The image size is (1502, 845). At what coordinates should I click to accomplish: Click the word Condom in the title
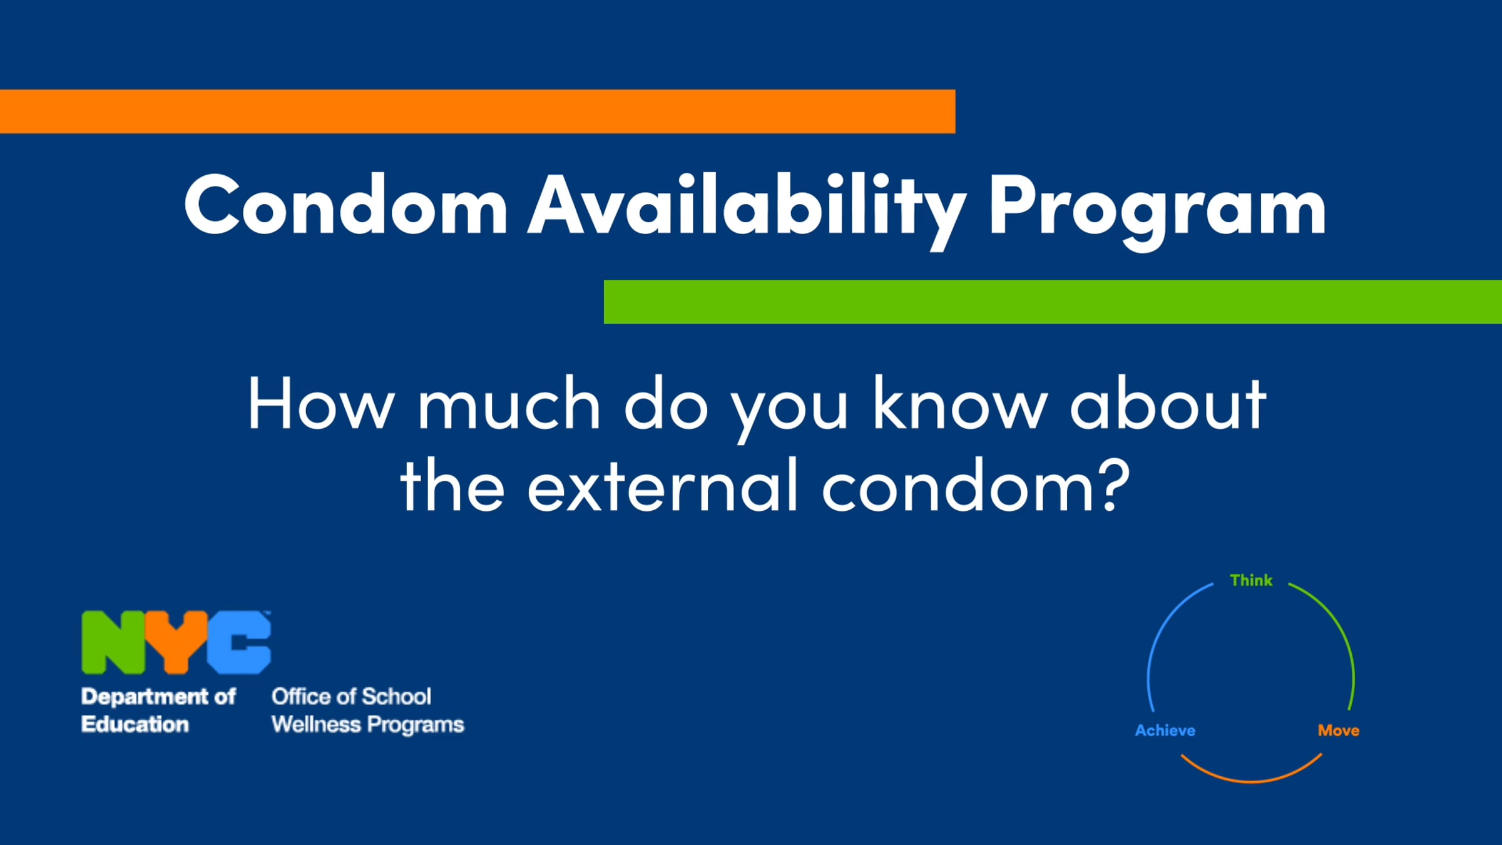click(346, 205)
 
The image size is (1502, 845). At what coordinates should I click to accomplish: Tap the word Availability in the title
click(748, 210)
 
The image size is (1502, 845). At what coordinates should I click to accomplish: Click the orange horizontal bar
click(478, 111)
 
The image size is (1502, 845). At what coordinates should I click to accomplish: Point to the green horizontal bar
click(1053, 302)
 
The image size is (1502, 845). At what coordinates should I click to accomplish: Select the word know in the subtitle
click(960, 404)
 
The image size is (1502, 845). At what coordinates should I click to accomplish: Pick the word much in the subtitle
click(509, 404)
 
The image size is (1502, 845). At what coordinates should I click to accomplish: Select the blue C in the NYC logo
click(239, 642)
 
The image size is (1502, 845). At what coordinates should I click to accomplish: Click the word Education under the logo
click(135, 724)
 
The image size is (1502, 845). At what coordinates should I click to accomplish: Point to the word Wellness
click(317, 724)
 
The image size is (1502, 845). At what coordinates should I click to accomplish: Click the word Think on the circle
click(1251, 580)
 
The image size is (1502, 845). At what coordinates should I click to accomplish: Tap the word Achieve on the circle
click(1165, 730)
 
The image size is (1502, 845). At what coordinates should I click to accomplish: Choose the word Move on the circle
click(1339, 730)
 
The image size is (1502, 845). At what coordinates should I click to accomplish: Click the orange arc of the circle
click(1252, 781)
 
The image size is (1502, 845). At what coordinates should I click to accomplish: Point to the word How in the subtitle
click(321, 404)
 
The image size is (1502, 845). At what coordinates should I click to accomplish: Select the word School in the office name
click(397, 696)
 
